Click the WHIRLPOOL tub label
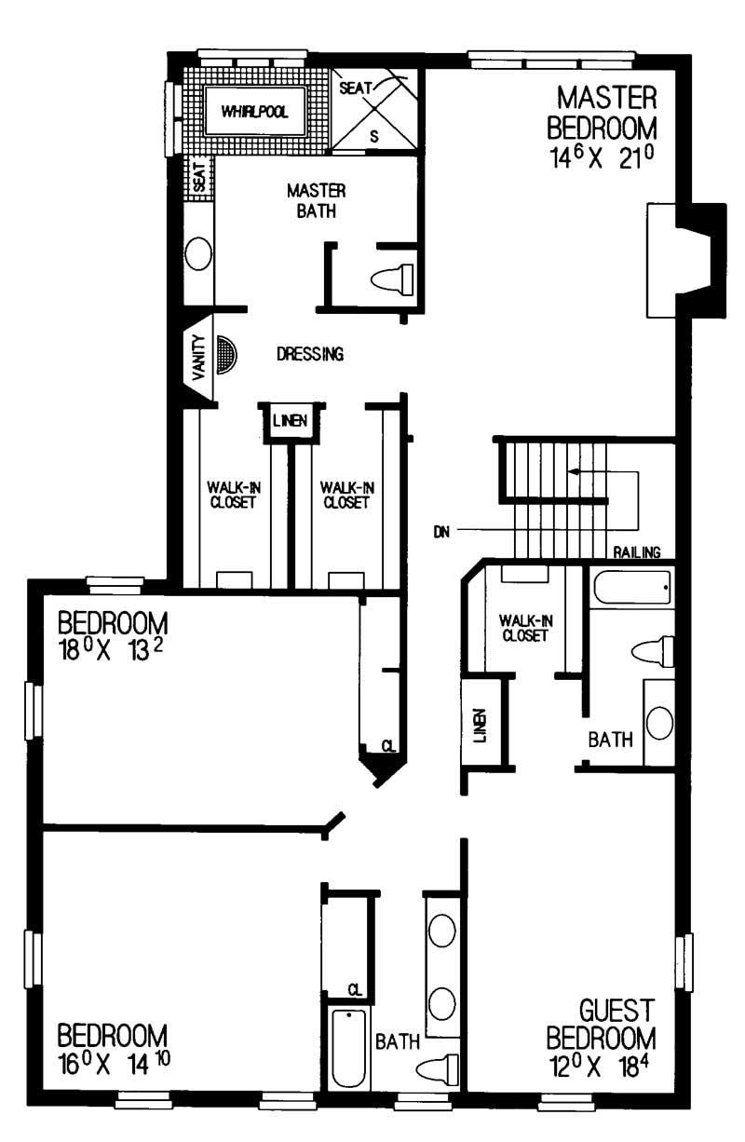pyautogui.click(x=254, y=113)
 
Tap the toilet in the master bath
pyautogui.click(x=391, y=278)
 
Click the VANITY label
pyautogui.click(x=198, y=357)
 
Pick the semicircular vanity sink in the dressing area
pyautogui.click(x=226, y=355)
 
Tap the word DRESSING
pyautogui.click(x=311, y=354)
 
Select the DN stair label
pyautogui.click(x=442, y=532)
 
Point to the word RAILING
pyautogui.click(x=637, y=552)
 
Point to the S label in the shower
pyautogui.click(x=374, y=136)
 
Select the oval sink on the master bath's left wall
pyautogui.click(x=198, y=252)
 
